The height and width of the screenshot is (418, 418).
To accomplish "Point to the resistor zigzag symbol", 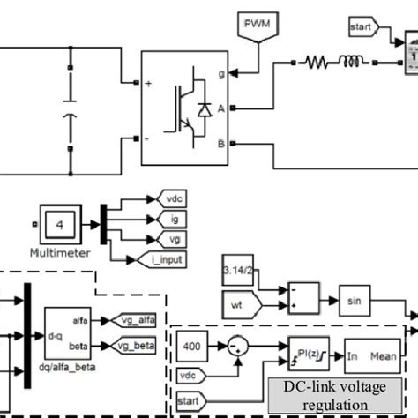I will click(317, 63).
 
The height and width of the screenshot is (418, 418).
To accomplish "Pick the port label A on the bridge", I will click(220, 108).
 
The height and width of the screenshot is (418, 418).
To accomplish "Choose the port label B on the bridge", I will click(220, 141).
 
